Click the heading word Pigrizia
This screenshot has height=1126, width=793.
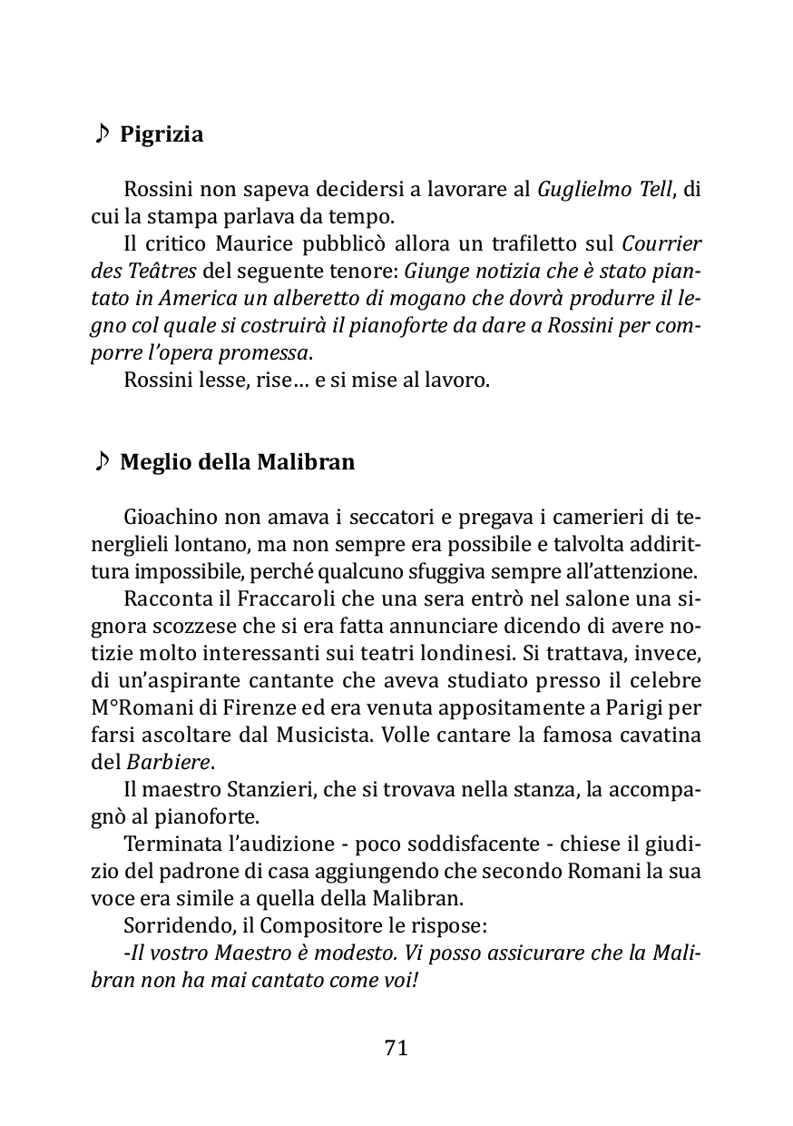coord(162,135)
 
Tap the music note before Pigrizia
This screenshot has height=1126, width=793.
coord(102,134)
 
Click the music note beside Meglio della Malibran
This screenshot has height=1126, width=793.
coord(102,461)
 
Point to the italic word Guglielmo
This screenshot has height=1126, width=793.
coord(580,190)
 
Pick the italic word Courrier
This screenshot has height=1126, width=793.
coord(661,244)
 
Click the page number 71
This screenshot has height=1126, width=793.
coord(396,1047)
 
